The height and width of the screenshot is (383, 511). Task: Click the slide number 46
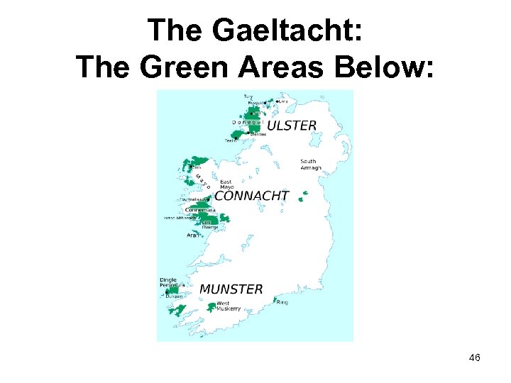[474, 358]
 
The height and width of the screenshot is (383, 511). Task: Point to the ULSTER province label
[291, 126]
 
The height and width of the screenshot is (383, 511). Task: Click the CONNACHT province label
[251, 196]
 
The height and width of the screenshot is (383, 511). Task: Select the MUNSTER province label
[231, 289]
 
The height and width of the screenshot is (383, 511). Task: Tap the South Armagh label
[311, 165]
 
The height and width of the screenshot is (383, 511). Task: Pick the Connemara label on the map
[199, 210]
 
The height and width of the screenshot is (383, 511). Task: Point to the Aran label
[193, 235]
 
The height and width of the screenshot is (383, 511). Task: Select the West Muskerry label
[229, 306]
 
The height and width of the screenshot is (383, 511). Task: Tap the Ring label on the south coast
[282, 303]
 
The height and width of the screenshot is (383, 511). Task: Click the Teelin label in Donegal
[231, 140]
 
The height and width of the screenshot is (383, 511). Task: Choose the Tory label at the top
[248, 96]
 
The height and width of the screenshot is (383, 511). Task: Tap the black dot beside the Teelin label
[239, 138]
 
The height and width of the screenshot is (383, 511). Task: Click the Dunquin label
[175, 296]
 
